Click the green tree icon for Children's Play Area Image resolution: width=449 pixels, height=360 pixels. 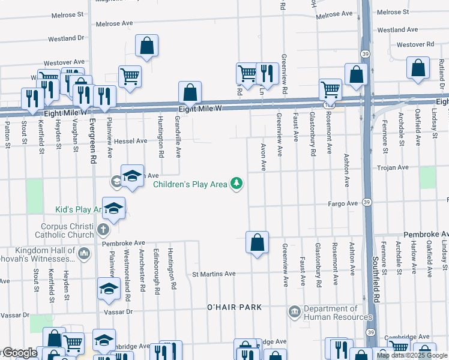[238, 184]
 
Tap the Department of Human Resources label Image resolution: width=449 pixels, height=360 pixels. [338, 313]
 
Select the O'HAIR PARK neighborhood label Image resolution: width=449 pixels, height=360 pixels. [234, 307]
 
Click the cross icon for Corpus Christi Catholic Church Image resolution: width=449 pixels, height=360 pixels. [103, 230]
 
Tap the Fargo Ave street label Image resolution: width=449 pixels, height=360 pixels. [343, 204]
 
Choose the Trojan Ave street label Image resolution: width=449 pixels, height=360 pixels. [393, 168]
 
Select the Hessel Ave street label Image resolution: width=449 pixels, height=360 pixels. [131, 141]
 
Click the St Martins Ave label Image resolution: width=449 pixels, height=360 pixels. [214, 274]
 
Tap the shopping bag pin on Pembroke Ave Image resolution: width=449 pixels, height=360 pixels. [257, 243]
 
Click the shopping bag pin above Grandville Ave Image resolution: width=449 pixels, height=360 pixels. [190, 93]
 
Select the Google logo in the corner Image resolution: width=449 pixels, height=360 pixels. [19, 353]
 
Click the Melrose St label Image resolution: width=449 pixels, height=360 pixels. [393, 12]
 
